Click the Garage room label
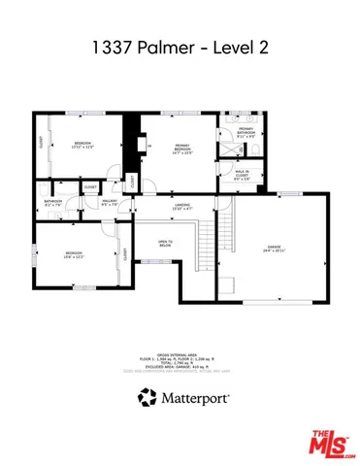coord(275,248)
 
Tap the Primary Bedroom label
coord(183,147)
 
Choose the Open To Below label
coord(166,244)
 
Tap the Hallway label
coord(110,203)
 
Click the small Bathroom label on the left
coord(53,203)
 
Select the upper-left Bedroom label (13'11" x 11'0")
coord(83,145)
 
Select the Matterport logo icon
coord(146,396)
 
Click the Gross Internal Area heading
coord(180,354)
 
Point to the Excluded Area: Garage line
coord(180,366)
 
